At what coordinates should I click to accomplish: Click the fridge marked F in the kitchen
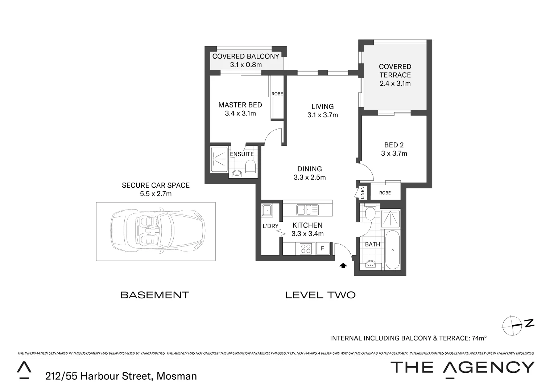(322, 249)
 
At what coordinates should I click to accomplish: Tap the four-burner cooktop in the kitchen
(306, 249)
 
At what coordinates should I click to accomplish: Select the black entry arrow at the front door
(343, 265)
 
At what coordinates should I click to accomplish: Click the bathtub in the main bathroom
(392, 250)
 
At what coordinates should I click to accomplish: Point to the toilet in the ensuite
(250, 167)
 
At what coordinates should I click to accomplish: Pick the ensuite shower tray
(219, 159)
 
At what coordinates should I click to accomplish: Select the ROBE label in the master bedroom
(277, 94)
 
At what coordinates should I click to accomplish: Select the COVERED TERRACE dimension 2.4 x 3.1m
(395, 83)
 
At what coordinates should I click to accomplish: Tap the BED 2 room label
(394, 145)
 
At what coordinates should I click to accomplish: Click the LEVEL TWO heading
(320, 295)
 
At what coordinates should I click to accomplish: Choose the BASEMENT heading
(155, 295)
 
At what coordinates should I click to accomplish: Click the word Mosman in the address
(177, 376)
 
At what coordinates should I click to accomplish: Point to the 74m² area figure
(479, 338)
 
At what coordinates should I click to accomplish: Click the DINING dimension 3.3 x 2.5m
(310, 177)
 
